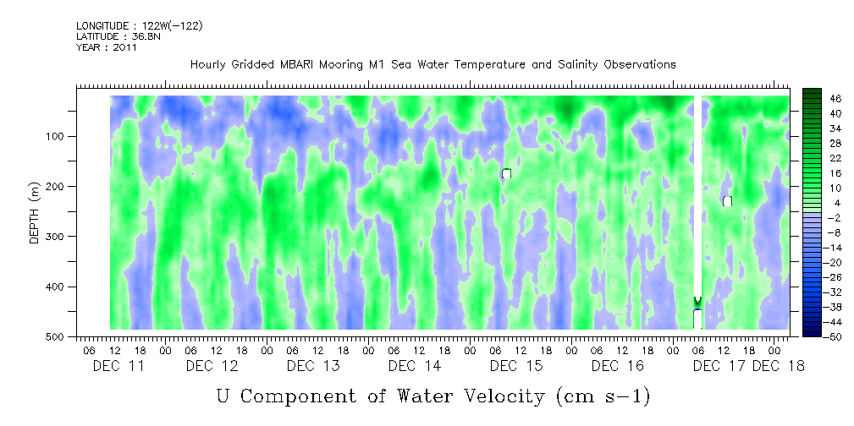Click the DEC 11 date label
pyautogui.click(x=118, y=366)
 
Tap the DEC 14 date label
pyautogui.click(x=415, y=366)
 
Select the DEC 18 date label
pyautogui.click(x=779, y=366)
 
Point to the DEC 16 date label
pyautogui.click(x=618, y=366)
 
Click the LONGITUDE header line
pyautogui.click(x=140, y=26)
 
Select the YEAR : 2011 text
pyautogui.click(x=107, y=47)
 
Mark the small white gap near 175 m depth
pyautogui.click(x=506, y=173)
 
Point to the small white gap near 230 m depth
pyautogui.click(x=727, y=201)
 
